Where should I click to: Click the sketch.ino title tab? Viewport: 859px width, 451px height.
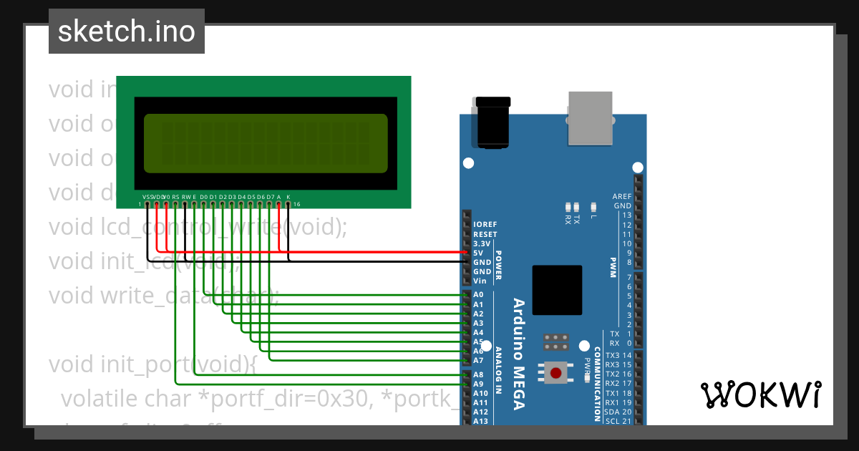click(127, 31)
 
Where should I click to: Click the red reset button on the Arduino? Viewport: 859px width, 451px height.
click(556, 372)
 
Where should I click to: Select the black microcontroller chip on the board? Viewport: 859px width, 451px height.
click(557, 291)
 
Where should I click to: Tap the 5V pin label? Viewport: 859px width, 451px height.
click(478, 253)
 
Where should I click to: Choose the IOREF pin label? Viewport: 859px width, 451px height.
click(485, 225)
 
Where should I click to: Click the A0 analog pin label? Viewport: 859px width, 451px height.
click(478, 295)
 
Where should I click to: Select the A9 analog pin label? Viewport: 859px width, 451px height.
click(478, 384)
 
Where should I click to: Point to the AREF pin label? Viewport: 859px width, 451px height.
click(621, 196)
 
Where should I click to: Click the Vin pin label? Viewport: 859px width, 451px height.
click(480, 281)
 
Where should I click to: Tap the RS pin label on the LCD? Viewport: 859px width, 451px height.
click(175, 196)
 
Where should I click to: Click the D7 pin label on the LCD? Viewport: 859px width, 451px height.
click(270, 196)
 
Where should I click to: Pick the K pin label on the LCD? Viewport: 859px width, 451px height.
click(288, 196)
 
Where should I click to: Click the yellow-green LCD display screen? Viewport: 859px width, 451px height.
click(266, 143)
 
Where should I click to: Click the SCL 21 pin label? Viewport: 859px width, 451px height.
click(618, 421)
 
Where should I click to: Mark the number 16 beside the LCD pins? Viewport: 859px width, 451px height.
click(296, 204)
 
